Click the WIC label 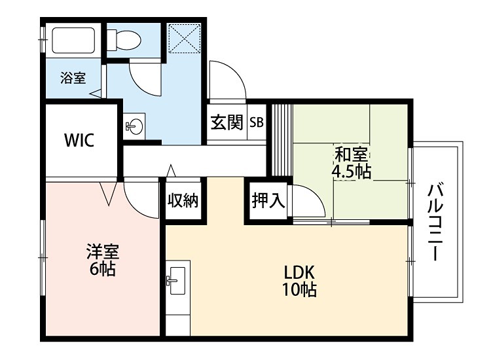click(79, 139)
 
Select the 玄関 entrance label click(227, 122)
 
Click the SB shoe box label click(256, 122)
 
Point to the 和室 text click(352, 156)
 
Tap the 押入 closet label click(268, 201)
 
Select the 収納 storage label click(182, 201)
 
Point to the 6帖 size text click(103, 269)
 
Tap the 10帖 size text click(300, 289)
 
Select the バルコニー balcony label click(436, 223)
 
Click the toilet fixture click(124, 41)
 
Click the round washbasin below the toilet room click(136, 126)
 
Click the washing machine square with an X click(183, 38)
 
